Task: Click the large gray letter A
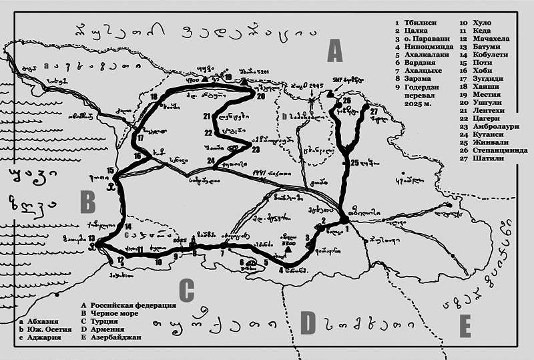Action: point(334,51)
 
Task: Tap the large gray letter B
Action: point(87,201)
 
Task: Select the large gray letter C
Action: point(187,291)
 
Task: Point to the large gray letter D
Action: point(308,323)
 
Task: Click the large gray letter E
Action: point(465,327)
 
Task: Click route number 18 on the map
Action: point(154,96)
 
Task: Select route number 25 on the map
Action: point(354,162)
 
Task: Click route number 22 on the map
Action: point(208,133)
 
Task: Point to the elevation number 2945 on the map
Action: point(317,86)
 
